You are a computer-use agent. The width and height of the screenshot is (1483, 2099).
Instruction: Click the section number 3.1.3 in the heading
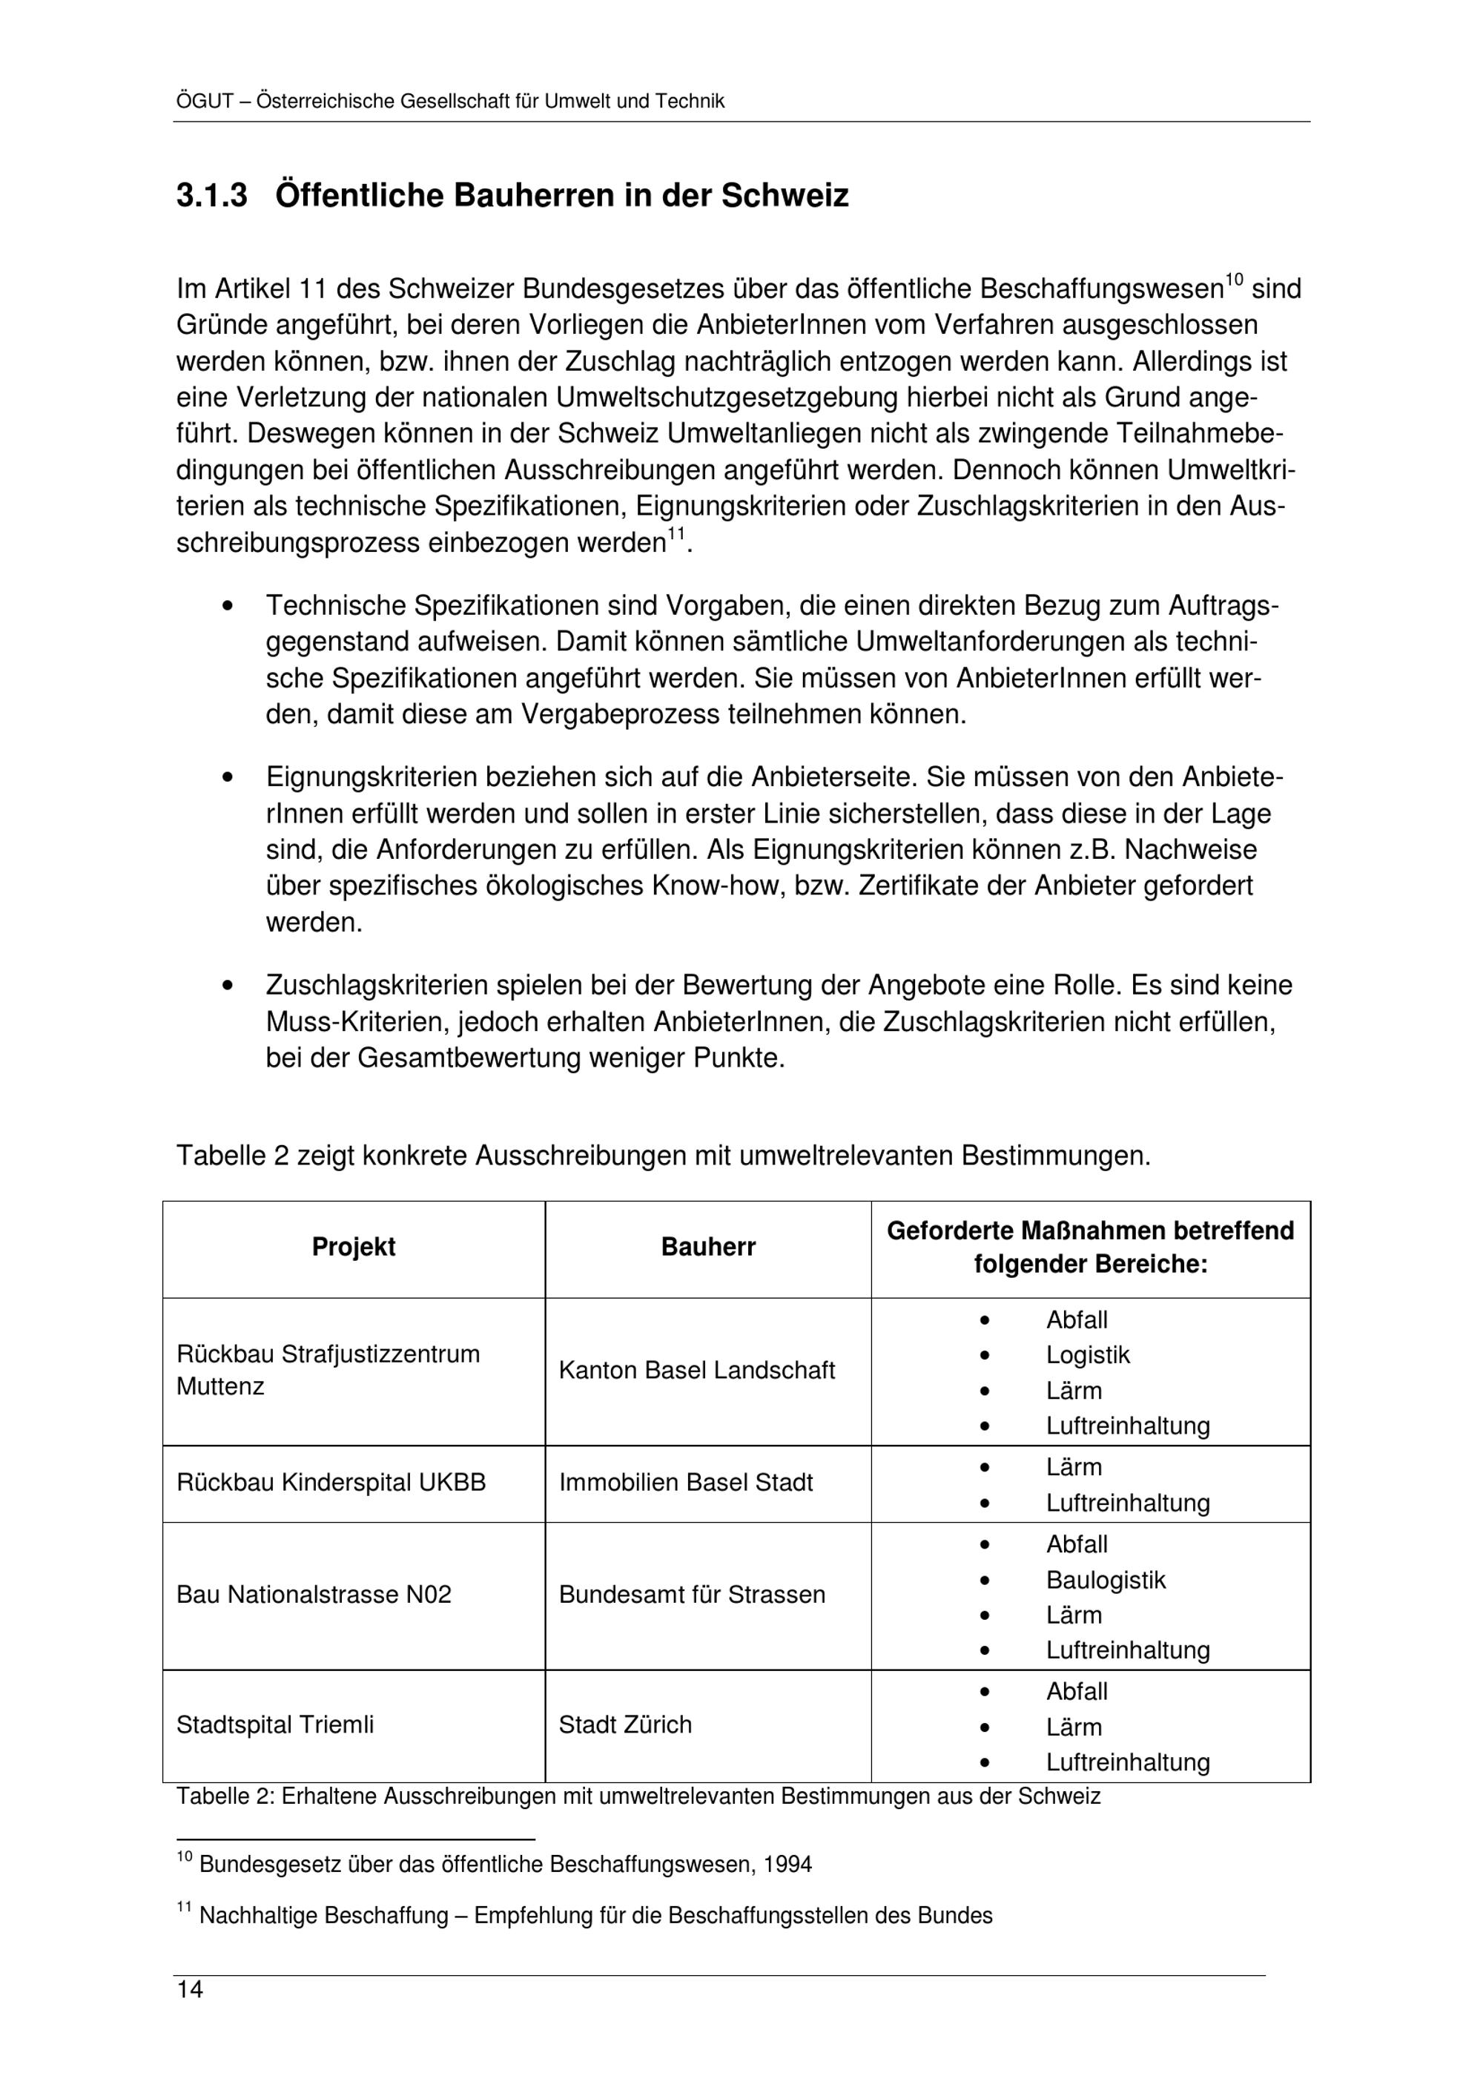211,196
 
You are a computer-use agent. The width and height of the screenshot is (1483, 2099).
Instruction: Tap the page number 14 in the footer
190,1989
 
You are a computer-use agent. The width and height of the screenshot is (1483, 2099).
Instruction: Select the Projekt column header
354,1247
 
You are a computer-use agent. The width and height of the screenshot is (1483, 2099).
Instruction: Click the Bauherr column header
708,1247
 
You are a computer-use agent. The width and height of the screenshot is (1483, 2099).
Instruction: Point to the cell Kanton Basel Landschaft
696,1371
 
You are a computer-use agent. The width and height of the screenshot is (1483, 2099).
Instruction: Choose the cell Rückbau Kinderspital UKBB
331,1483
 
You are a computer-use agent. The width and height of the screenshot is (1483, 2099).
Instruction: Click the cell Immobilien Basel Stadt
685,1483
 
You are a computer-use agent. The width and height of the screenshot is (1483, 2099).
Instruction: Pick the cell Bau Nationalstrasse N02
314,1595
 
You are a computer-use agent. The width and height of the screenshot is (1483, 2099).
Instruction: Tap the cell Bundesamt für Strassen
692,1595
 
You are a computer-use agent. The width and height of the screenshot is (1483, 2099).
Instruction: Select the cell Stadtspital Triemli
275,1725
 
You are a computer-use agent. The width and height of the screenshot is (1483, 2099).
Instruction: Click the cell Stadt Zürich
625,1725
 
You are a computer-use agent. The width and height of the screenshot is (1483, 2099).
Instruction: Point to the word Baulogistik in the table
1106,1580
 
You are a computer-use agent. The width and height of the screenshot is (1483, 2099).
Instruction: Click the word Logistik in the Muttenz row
1087,1355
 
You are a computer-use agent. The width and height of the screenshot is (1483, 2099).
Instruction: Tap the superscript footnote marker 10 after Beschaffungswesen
1235,279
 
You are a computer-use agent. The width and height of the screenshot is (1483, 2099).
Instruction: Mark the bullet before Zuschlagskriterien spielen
228,986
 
